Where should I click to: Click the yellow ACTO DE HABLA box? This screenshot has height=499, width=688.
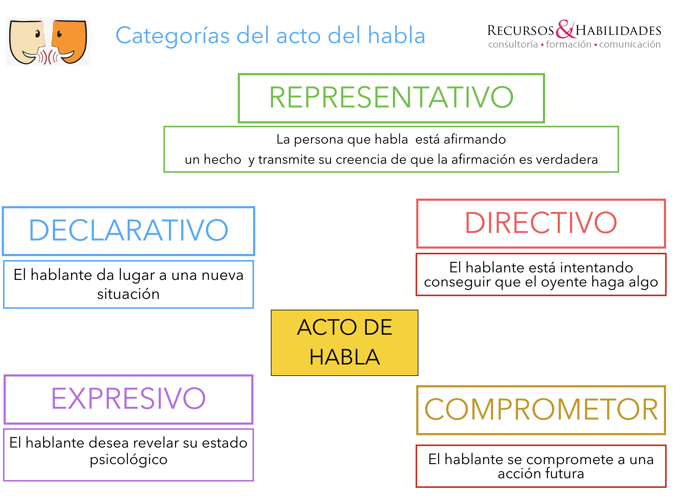[344, 342]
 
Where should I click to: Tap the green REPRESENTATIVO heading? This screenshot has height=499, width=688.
[391, 98]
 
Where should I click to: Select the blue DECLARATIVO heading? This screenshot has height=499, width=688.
[128, 230]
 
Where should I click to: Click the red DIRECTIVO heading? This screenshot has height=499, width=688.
[541, 223]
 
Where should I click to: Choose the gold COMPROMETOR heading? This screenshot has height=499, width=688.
[541, 410]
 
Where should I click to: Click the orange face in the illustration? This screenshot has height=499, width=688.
[69, 42]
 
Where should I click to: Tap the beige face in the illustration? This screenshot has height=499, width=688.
[27, 42]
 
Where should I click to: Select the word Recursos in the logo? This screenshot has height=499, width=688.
[521, 30]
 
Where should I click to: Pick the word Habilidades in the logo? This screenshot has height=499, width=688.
[618, 31]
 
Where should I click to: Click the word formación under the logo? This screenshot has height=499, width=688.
[569, 44]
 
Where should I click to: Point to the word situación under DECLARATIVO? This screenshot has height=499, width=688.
[128, 294]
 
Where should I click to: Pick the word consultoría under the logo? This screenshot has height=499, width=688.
[513, 44]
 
